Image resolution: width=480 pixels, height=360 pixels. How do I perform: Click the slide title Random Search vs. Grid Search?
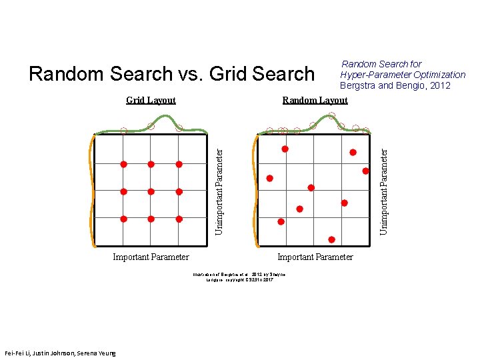[171, 73]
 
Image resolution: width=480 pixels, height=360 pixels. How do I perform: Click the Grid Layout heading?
[151, 101]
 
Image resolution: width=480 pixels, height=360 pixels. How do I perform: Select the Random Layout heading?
[315, 101]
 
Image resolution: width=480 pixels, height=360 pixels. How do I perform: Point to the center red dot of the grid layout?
[151, 191]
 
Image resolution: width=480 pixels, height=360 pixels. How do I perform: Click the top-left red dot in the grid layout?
[123, 164]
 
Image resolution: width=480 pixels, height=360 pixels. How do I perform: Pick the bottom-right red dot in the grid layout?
[179, 219]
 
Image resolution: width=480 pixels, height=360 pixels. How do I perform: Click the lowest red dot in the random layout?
[331, 239]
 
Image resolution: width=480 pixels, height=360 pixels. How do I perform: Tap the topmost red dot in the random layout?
[285, 149]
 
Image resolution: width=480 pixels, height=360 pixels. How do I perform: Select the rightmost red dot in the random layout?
[365, 171]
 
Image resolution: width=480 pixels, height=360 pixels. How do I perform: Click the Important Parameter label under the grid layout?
[151, 257]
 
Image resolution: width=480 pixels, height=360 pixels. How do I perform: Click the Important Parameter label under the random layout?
[315, 257]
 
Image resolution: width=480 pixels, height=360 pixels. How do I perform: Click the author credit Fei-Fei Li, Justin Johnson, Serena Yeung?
[59, 353]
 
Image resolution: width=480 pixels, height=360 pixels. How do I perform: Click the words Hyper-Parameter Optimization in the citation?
[403, 75]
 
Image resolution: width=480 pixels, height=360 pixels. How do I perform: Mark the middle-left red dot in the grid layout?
[123, 191]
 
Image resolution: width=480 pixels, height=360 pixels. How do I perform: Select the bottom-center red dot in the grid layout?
[151, 219]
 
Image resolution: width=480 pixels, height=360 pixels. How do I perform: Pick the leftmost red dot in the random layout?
[269, 178]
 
